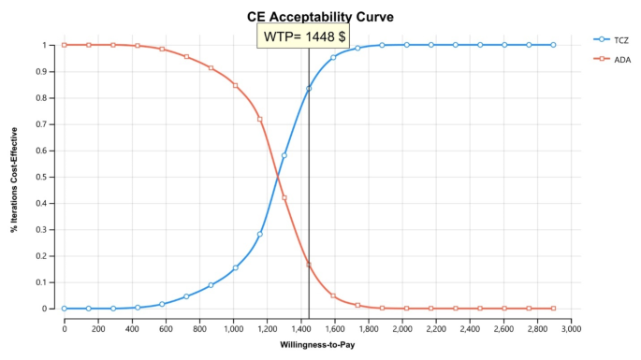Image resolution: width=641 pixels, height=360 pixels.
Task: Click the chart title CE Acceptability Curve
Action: click(x=319, y=16)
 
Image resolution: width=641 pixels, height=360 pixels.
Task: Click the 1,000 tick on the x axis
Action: click(x=233, y=326)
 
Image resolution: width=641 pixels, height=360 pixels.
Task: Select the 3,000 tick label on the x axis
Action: click(x=571, y=326)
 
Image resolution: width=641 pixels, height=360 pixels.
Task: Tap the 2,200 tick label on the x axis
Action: click(x=436, y=326)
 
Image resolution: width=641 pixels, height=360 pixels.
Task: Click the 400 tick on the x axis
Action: click(x=132, y=326)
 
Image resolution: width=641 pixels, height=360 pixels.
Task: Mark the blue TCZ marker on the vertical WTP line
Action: click(x=309, y=89)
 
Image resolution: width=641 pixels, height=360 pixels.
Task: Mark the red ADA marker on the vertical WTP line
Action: click(x=309, y=265)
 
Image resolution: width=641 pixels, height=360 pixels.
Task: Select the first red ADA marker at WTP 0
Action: click(x=65, y=45)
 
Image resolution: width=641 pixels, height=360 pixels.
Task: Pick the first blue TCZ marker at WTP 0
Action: click(x=65, y=308)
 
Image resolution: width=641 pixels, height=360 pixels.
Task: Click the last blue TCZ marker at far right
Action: click(x=553, y=45)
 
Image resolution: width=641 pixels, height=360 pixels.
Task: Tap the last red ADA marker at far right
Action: click(x=553, y=308)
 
